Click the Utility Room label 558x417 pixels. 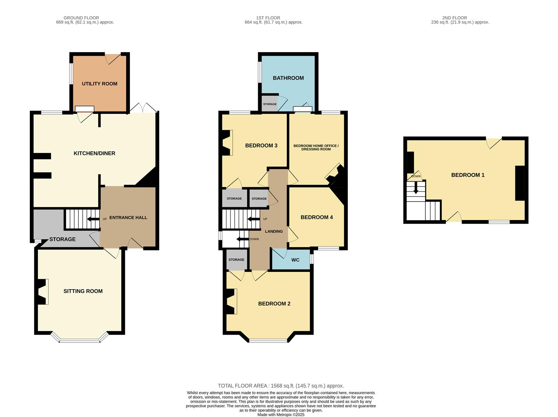click(x=99, y=84)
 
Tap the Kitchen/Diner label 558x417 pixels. click(x=94, y=153)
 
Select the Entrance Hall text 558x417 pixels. click(x=128, y=218)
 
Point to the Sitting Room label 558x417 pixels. click(x=83, y=291)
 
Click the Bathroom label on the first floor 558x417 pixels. click(x=288, y=78)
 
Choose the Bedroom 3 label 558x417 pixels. click(x=261, y=146)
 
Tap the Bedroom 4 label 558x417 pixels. click(x=316, y=217)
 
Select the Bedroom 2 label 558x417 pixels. click(x=274, y=304)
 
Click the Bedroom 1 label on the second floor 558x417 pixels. click(x=468, y=175)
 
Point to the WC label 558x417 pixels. click(x=295, y=260)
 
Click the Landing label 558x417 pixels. click(x=274, y=231)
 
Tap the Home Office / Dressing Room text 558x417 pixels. click(x=316, y=147)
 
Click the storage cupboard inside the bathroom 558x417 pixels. click(x=269, y=103)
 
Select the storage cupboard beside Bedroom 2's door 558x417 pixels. click(x=236, y=259)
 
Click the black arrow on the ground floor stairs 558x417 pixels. click(x=93, y=219)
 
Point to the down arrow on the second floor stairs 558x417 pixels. click(x=416, y=188)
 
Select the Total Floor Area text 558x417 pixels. click(x=281, y=386)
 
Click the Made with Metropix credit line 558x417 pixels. click(x=281, y=415)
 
